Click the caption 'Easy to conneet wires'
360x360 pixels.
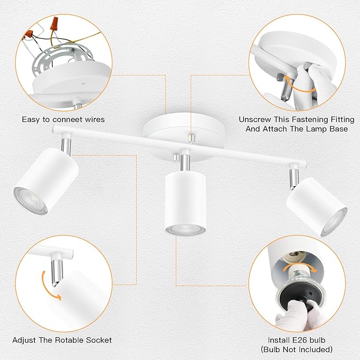pyautogui.click(x=63, y=119)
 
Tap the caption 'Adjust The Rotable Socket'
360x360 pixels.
pyautogui.click(x=62, y=340)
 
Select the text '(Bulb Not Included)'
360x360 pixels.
pyautogui.click(x=297, y=349)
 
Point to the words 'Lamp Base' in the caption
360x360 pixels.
pyautogui.click(x=328, y=129)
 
